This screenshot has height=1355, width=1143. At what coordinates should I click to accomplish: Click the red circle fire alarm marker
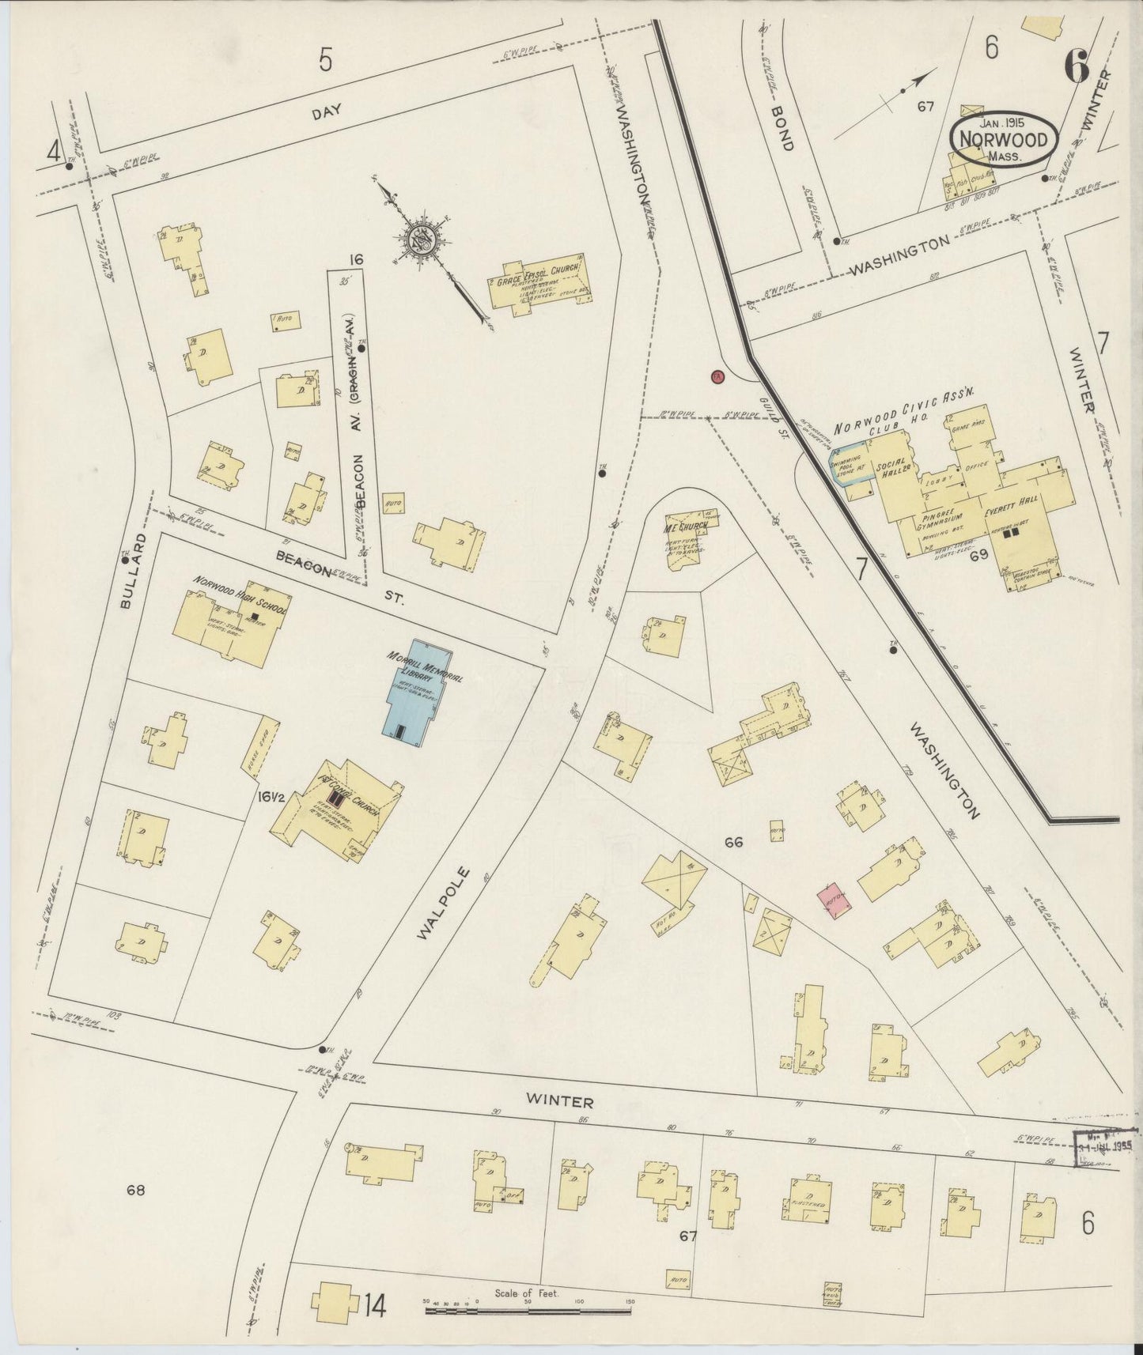click(x=717, y=376)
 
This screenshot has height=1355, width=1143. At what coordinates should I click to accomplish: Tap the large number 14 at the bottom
click(x=375, y=1308)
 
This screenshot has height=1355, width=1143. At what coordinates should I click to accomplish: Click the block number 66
click(x=733, y=843)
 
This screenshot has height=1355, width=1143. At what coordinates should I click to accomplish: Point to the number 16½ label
click(x=269, y=797)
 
